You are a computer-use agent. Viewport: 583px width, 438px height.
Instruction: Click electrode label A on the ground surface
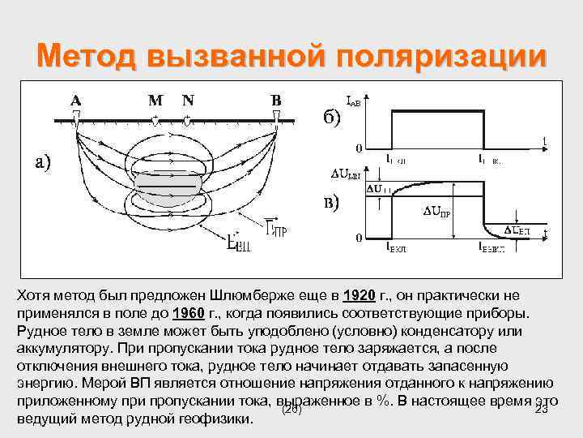tap(75, 101)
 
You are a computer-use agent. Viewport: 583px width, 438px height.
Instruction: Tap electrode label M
tap(156, 101)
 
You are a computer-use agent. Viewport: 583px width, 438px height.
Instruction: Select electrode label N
tap(188, 101)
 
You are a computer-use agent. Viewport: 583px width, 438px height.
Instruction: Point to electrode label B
tap(276, 101)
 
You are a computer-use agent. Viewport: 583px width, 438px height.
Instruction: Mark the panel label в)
tap(327, 202)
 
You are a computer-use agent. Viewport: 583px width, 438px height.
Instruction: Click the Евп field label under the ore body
tap(239, 242)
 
